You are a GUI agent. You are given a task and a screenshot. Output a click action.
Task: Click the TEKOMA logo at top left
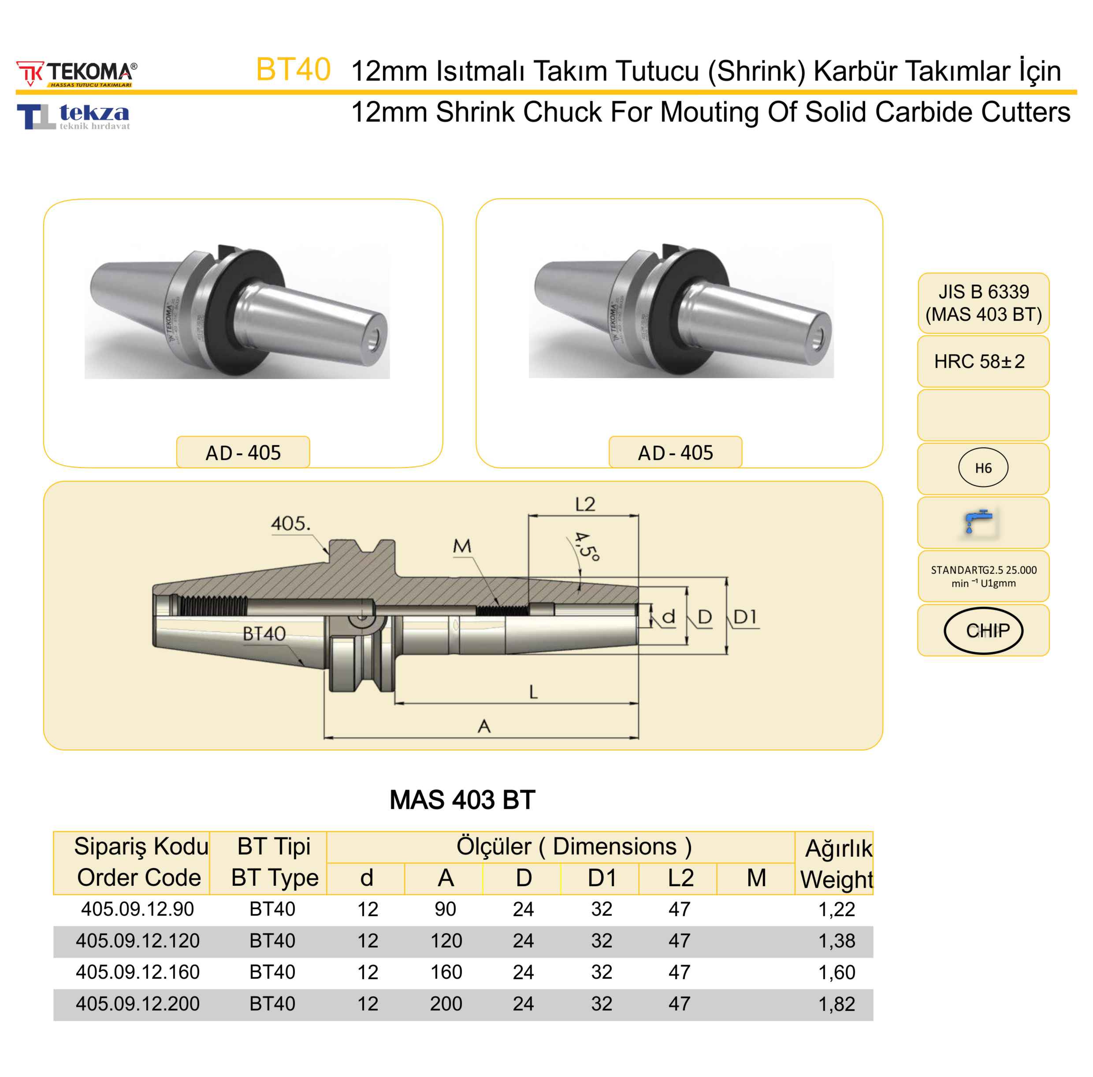76,74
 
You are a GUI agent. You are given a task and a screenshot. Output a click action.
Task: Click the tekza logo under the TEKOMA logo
74,116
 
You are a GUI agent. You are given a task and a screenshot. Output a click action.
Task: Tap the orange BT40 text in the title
293,70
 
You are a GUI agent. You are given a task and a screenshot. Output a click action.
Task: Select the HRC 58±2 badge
983,361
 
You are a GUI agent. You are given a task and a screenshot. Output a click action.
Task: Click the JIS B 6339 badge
983,303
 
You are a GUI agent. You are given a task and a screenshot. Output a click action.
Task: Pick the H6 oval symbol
983,468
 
